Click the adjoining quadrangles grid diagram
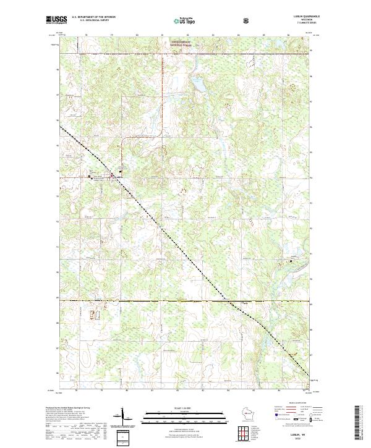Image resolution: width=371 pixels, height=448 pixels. [x=245, y=433]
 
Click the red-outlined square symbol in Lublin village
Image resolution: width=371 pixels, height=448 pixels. [x=112, y=175]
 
